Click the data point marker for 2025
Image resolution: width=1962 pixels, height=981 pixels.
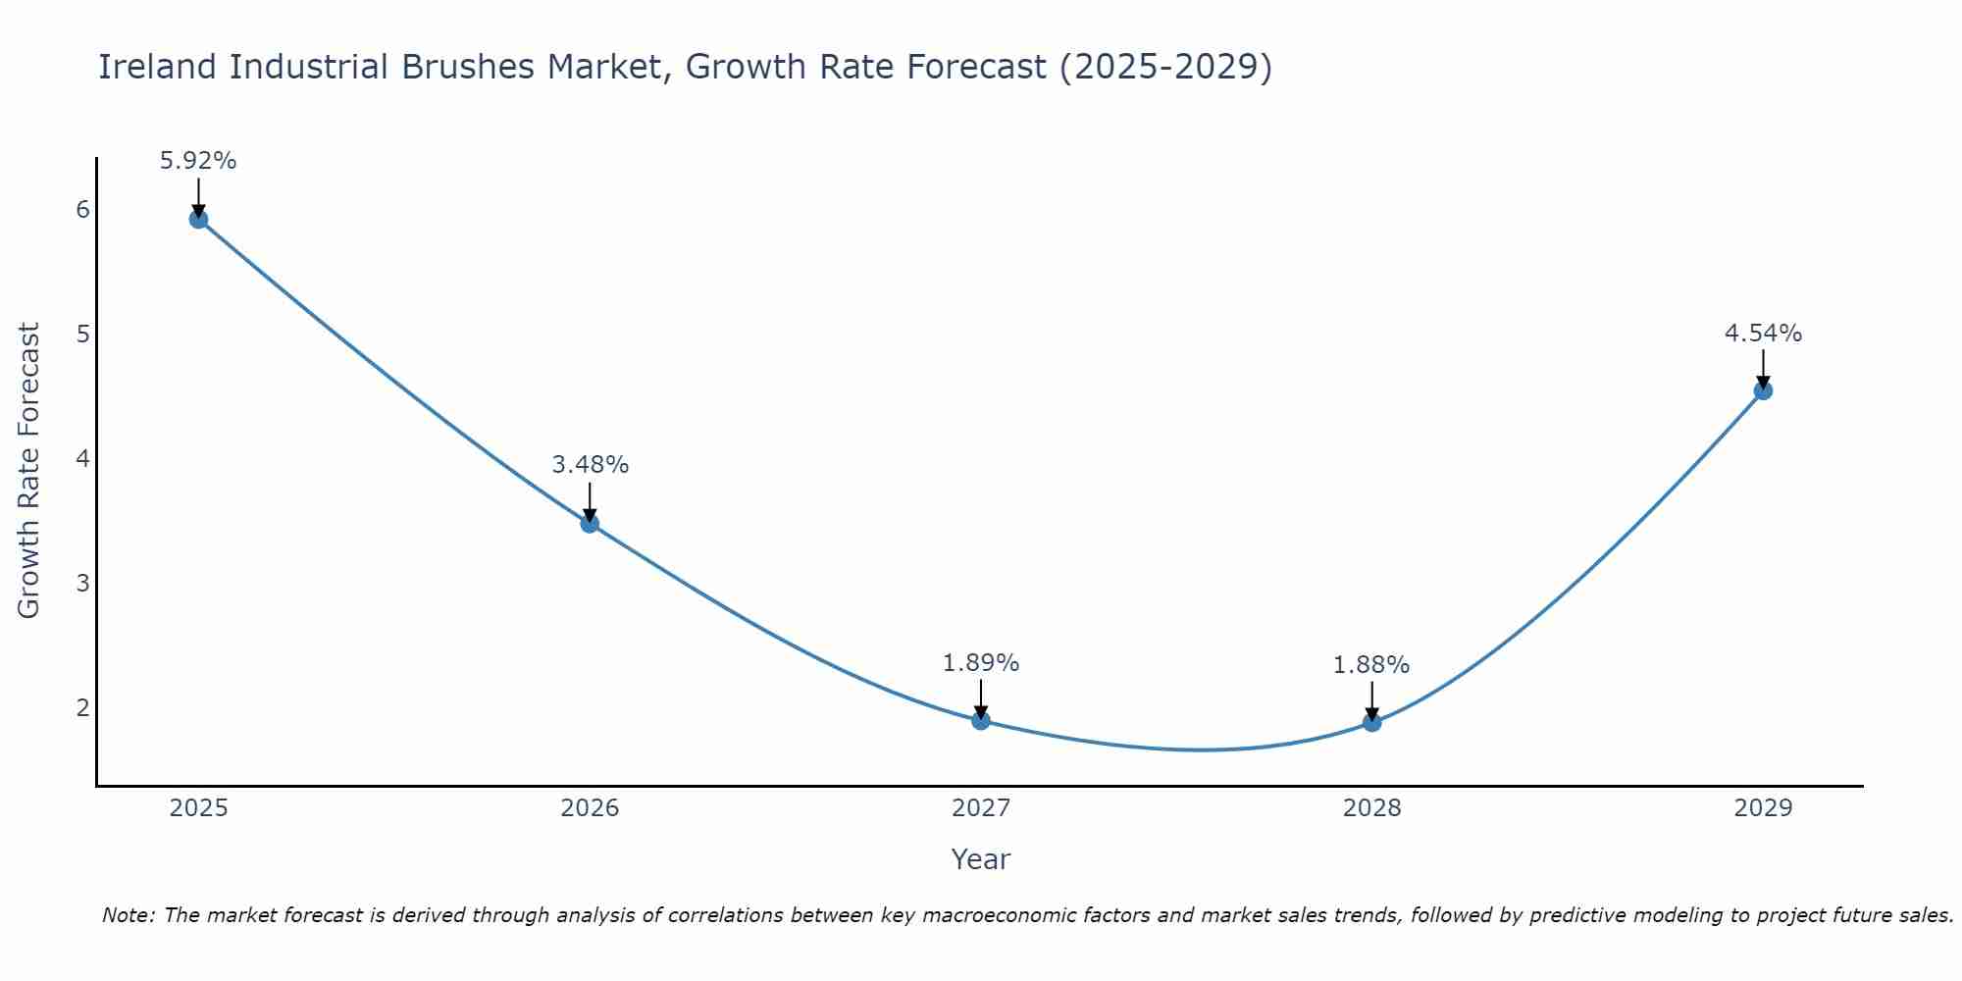[x=198, y=219]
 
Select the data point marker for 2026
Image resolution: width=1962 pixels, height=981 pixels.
[x=590, y=523]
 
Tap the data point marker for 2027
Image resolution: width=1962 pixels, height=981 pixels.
[x=981, y=721]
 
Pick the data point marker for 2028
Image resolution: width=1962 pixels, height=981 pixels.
[x=1371, y=723]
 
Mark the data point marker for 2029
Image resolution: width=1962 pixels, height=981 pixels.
[x=1763, y=390]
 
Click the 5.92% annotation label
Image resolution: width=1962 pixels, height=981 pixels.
[x=198, y=161]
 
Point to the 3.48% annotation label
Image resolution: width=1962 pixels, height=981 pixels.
[x=590, y=465]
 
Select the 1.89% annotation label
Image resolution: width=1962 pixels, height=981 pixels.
[x=981, y=663]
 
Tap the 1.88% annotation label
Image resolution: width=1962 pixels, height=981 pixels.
[x=1371, y=665]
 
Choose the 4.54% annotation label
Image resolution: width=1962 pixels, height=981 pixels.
[x=1763, y=334]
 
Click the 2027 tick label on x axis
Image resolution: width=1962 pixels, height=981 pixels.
[x=981, y=808]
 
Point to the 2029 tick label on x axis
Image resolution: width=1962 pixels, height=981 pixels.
[x=1763, y=808]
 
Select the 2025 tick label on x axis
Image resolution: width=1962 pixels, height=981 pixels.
[x=198, y=808]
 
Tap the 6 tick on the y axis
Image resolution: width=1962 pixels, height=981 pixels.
[x=82, y=209]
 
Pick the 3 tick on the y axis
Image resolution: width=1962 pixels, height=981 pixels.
[x=82, y=583]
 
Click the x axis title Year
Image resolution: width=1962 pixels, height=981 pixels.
[x=980, y=859]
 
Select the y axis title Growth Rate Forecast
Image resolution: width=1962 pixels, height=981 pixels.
[x=29, y=471]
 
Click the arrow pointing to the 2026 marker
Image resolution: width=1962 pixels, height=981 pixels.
[x=590, y=500]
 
